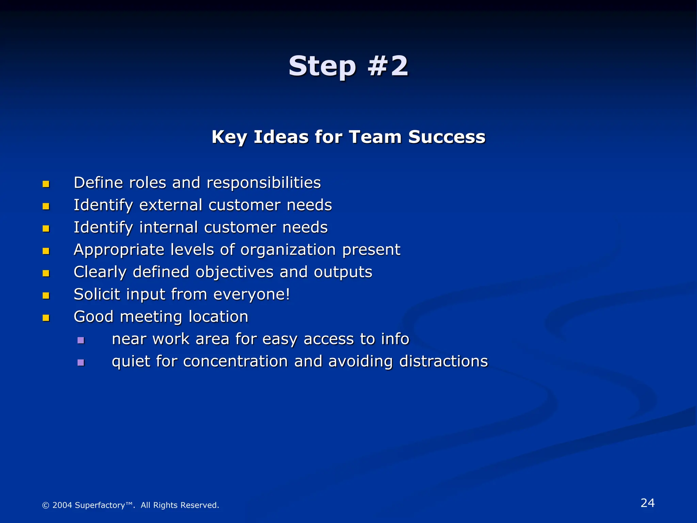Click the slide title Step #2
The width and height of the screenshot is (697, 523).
(348, 66)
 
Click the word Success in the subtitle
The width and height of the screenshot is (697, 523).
(447, 137)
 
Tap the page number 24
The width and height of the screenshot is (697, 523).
(647, 503)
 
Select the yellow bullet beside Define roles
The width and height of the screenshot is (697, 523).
(46, 184)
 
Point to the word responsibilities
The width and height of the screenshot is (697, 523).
(264, 183)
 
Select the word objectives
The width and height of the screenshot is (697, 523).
(234, 272)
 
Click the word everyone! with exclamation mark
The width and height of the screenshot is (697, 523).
(252, 295)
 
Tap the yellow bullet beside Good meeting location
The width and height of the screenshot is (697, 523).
(46, 318)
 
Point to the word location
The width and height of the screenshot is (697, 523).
(218, 317)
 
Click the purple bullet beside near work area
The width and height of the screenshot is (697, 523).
(81, 340)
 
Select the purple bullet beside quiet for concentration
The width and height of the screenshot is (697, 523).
(81, 363)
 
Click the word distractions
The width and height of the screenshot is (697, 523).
(443, 361)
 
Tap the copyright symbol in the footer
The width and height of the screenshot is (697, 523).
(46, 505)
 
